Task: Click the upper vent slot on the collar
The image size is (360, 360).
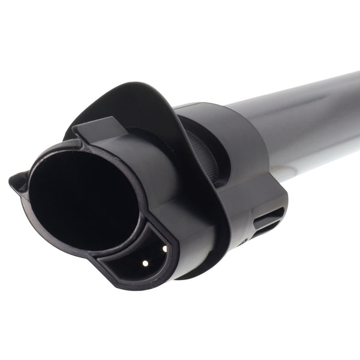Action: click(x=268, y=214)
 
